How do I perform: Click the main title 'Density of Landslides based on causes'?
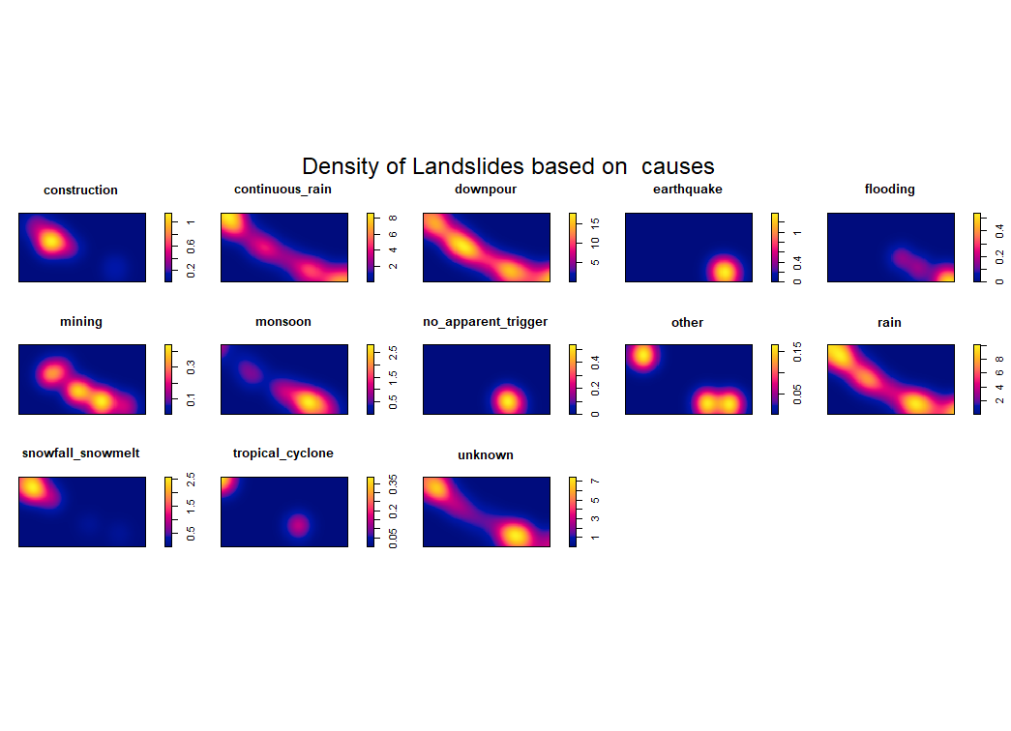[508, 166]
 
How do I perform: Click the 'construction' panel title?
[80, 190]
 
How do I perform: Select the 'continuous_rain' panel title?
[282, 190]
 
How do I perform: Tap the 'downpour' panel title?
[486, 190]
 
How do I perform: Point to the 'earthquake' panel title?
[687, 190]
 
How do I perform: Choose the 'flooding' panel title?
[889, 190]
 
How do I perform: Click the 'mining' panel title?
[80, 322]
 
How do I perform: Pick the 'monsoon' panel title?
[282, 322]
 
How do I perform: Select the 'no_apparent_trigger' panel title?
[486, 322]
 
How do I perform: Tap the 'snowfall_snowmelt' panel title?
[80, 453]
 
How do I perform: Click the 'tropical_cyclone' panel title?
[282, 453]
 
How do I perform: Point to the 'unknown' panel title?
[486, 454]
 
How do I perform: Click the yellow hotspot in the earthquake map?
[724, 270]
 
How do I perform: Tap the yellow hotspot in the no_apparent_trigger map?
[507, 399]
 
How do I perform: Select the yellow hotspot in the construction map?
[51, 241]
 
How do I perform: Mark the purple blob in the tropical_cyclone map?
[298, 525]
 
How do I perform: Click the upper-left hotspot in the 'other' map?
[641, 356]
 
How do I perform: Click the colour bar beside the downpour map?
[574, 248]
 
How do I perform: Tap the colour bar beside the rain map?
[978, 379]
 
